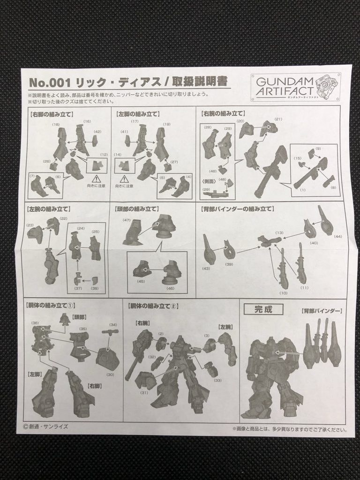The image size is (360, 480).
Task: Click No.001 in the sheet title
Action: (49, 82)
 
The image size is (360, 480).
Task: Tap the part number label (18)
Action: (56, 125)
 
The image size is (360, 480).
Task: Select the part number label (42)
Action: (97, 132)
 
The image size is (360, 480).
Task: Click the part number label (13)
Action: (279, 232)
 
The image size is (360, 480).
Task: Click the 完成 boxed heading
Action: (262, 309)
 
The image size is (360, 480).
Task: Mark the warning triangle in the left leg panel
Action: (124, 179)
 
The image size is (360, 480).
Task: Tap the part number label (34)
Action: (113, 324)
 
